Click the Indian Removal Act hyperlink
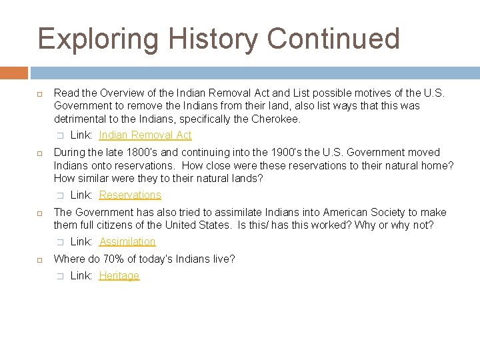point(145,135)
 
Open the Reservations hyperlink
point(130,195)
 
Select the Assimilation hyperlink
point(127,242)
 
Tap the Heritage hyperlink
point(119,276)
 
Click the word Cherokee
point(275,119)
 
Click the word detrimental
point(80,119)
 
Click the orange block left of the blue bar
point(14,73)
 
